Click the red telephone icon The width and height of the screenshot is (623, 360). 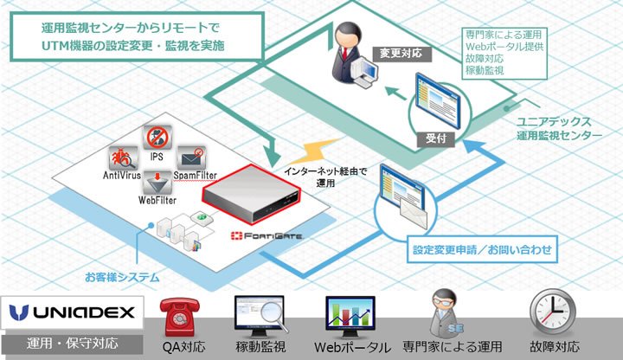coord(180,317)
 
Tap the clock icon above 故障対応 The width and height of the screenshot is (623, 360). coord(553,312)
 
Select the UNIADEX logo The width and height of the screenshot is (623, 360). coord(72,312)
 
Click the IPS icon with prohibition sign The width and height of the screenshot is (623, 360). coord(157,138)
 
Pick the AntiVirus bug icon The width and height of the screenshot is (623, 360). coord(124,157)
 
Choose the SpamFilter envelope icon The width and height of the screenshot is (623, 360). coord(191,157)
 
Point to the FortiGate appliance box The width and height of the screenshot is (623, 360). coord(252,194)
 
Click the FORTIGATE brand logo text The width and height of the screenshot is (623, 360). coord(267,235)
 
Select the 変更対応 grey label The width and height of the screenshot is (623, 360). coord(401,54)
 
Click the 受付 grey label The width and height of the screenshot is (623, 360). coord(436,138)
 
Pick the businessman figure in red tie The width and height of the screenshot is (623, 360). coord(348,53)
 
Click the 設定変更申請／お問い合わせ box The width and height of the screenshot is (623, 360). coord(482,249)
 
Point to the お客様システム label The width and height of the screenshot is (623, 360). coord(122,277)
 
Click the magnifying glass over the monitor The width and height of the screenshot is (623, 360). coord(273,316)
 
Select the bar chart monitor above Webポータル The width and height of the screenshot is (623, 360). coord(350,317)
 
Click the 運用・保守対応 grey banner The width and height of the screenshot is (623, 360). coord(72,344)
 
